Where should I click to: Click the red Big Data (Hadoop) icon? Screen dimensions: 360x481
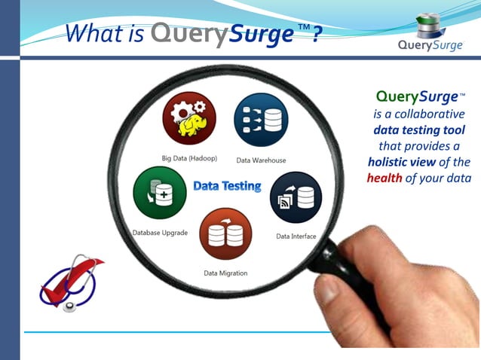(x=189, y=118)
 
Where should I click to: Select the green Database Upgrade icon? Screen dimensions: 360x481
(x=158, y=193)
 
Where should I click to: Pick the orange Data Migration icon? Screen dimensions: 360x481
(x=225, y=233)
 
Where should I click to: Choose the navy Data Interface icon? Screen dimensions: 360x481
(x=296, y=198)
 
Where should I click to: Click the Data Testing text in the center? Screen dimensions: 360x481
(x=227, y=186)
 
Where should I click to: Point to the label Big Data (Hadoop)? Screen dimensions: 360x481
(x=189, y=158)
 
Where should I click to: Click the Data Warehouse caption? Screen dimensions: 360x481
(x=261, y=160)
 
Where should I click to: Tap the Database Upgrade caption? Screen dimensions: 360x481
(x=160, y=233)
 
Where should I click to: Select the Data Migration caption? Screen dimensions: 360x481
(x=225, y=273)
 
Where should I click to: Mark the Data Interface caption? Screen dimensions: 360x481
(x=296, y=236)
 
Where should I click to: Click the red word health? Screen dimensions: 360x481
(x=384, y=178)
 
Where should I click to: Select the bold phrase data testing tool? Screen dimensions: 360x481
(x=419, y=130)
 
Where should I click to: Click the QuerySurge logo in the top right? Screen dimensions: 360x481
(x=430, y=34)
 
